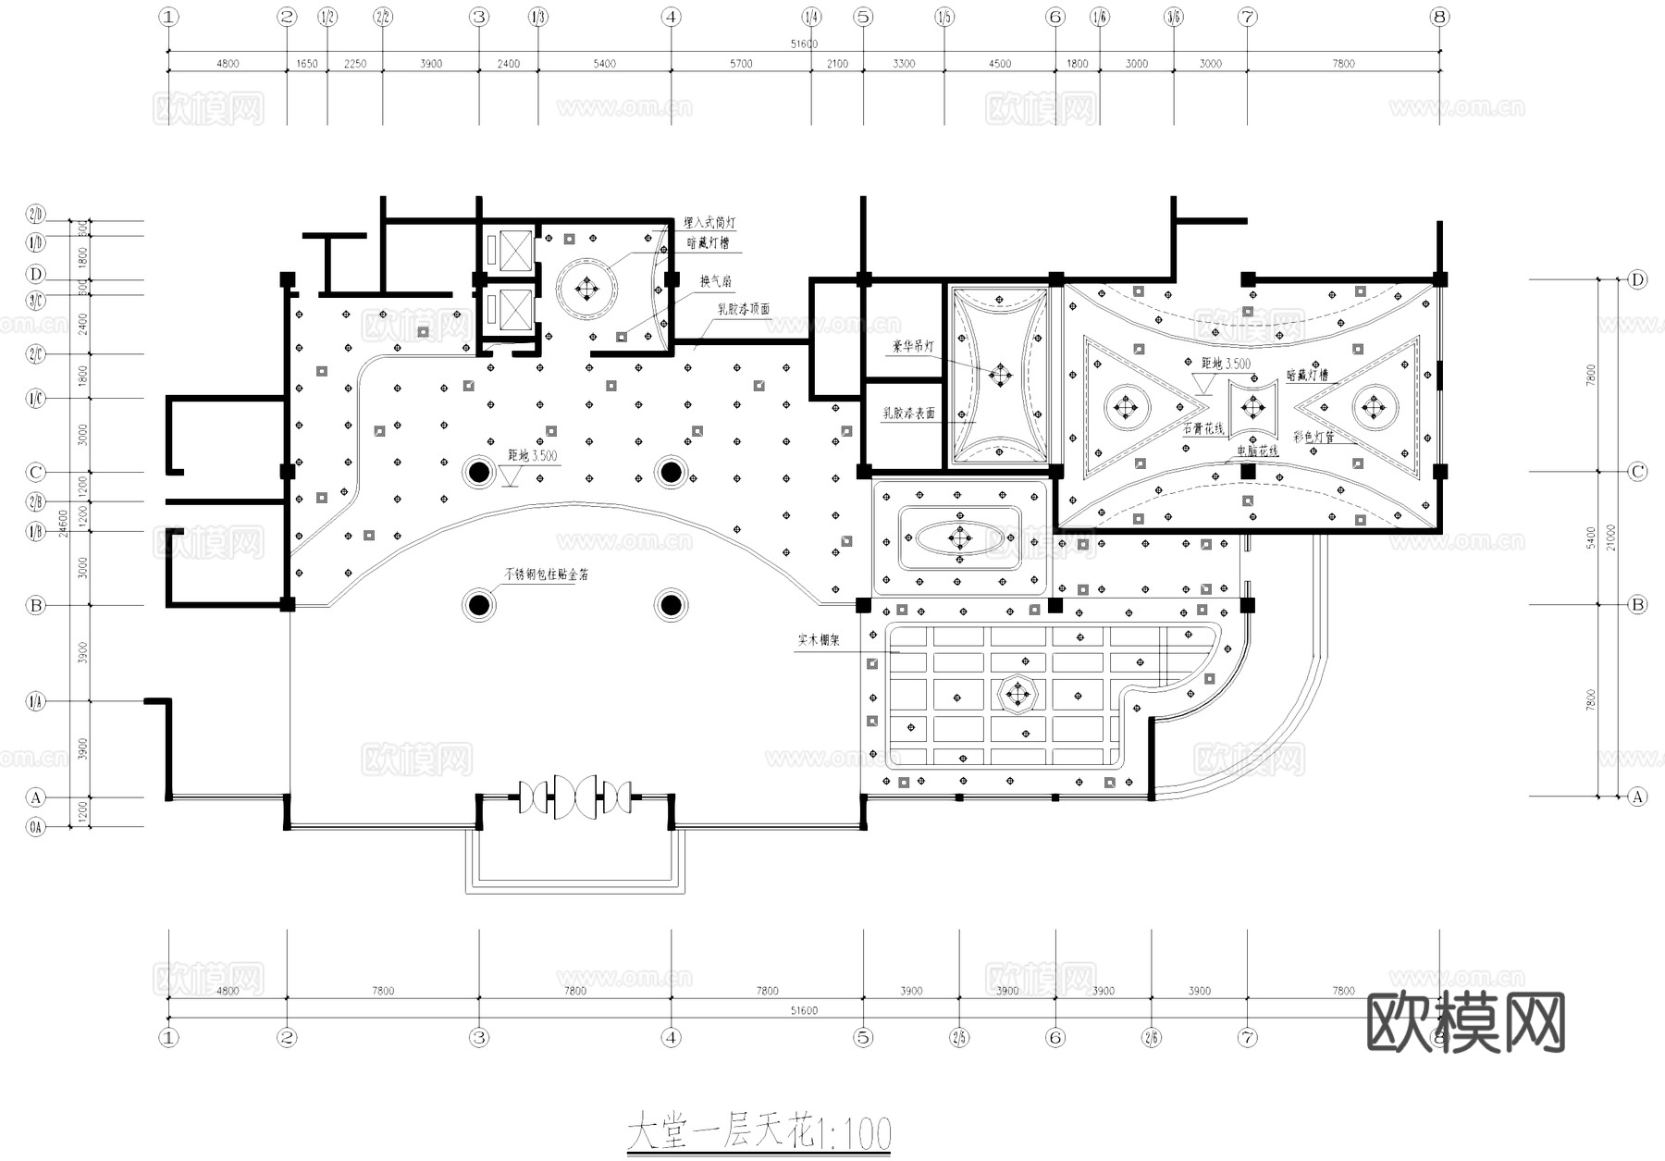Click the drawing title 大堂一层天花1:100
pyautogui.click(x=758, y=1133)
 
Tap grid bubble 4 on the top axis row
pyautogui.click(x=672, y=17)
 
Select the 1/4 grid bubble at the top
pyautogui.click(x=811, y=17)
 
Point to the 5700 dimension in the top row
pyautogui.click(x=741, y=64)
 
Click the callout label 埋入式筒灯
pyautogui.click(x=709, y=223)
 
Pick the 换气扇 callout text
pyautogui.click(x=715, y=281)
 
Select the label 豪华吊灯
pyautogui.click(x=912, y=346)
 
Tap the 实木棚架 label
pyautogui.click(x=819, y=639)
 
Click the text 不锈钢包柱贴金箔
pyautogui.click(x=546, y=574)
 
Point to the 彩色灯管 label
pyautogui.click(x=1313, y=437)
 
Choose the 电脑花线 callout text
pyautogui.click(x=1257, y=451)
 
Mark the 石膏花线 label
pyautogui.click(x=1202, y=429)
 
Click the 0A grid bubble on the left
pyautogui.click(x=35, y=827)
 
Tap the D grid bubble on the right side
pyautogui.click(x=1637, y=279)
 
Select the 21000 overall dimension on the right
pyautogui.click(x=1611, y=537)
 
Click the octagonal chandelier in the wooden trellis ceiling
pyautogui.click(x=1017, y=694)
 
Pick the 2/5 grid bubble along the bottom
pyautogui.click(x=959, y=1037)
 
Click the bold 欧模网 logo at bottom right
pyautogui.click(x=1465, y=1022)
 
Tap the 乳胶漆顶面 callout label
pyautogui.click(x=744, y=310)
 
